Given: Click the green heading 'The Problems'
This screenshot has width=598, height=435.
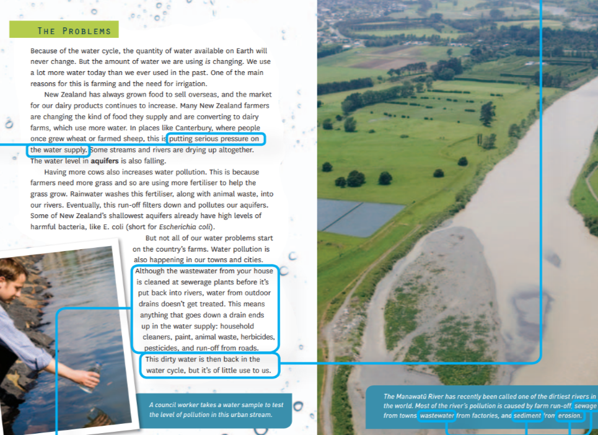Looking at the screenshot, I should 74,31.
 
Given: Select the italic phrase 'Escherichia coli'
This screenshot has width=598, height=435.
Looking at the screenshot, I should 187,227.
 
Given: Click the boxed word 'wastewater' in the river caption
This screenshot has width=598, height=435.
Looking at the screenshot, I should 438,415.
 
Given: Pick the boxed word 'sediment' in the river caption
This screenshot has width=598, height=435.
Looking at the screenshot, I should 527,415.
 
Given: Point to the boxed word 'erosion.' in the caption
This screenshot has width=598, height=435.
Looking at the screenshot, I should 570,415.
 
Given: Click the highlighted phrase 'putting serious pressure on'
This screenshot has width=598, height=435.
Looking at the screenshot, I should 216,139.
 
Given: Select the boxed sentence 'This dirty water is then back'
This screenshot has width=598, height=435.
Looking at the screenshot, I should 203,359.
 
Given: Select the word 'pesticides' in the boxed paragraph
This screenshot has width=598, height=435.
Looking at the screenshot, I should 164,348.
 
